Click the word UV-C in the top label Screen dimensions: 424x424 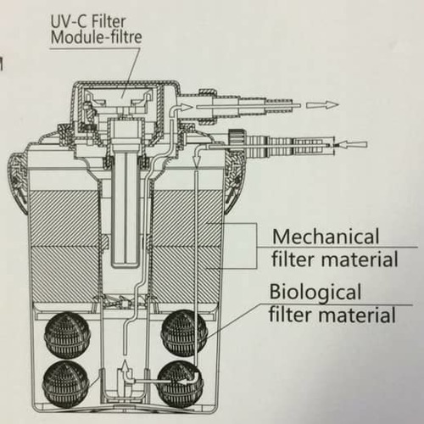point(67,22)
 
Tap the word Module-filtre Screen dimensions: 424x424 point(96,37)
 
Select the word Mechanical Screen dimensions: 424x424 point(326,237)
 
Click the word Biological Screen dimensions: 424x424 point(315,293)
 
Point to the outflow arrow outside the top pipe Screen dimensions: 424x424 point(322,105)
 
